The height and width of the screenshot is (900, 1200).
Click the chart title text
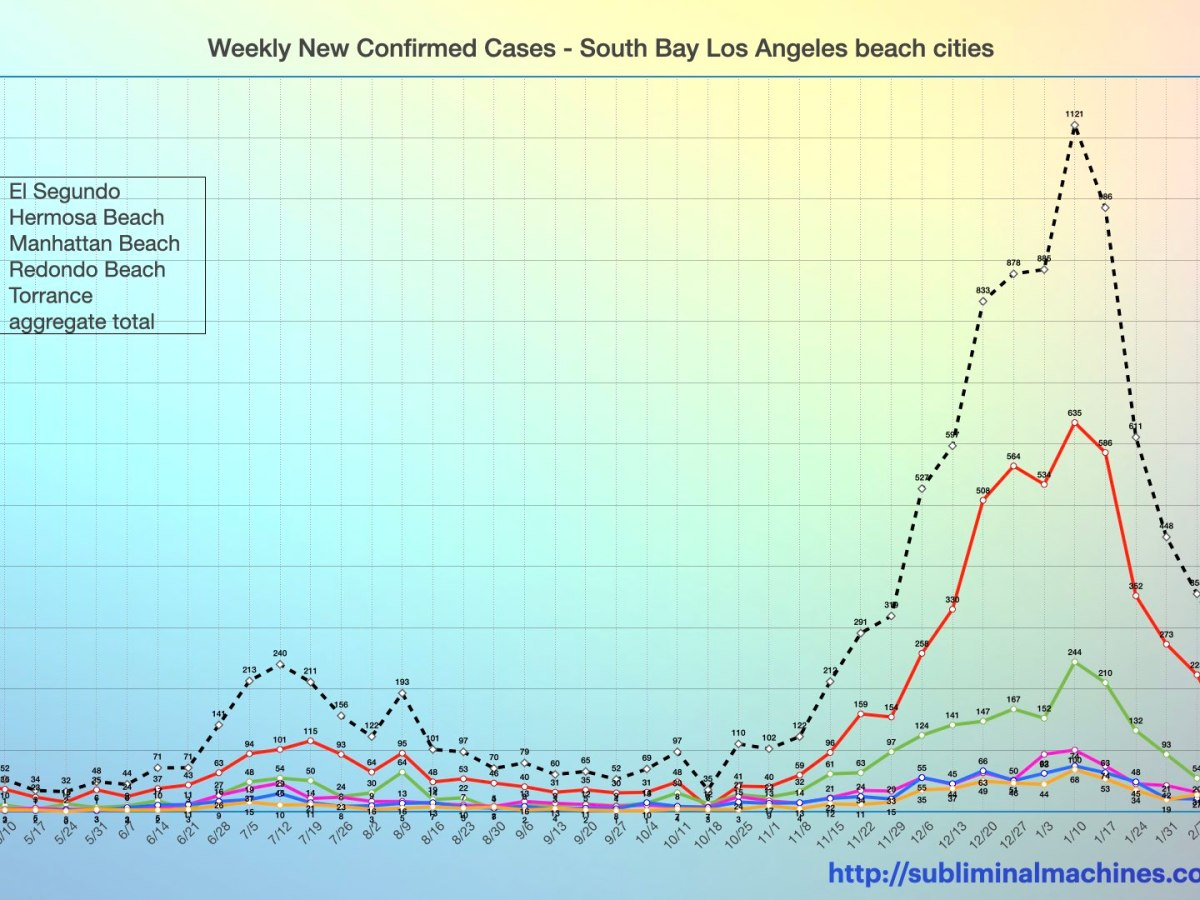pos(600,48)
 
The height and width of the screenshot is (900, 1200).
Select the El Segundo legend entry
pos(65,191)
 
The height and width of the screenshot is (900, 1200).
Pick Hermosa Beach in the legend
pos(86,217)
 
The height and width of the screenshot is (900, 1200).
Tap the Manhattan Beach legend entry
pos(94,243)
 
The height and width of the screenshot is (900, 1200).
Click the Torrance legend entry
pos(50,295)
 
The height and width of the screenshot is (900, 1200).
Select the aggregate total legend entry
pos(82,321)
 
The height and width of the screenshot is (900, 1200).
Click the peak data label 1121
pos(1074,114)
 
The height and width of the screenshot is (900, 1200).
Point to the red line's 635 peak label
pos(1074,412)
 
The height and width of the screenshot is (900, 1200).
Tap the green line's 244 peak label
pos(1074,651)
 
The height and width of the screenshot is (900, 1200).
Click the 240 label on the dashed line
pos(280,653)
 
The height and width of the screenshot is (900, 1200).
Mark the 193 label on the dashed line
pos(402,682)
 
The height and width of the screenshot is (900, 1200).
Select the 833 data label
pos(983,290)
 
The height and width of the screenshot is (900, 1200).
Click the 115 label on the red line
pos(310,731)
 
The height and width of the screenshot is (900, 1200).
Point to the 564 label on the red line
pos(1013,456)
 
